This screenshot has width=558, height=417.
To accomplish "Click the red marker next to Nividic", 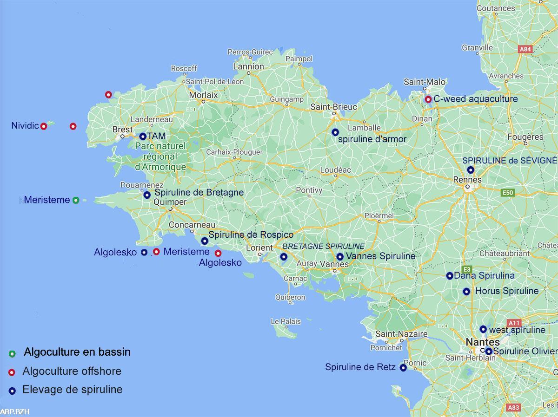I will click(x=44, y=126).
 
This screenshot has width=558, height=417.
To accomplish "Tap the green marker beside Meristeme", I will click(x=76, y=200).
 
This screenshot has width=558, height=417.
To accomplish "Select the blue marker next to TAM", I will click(x=143, y=137).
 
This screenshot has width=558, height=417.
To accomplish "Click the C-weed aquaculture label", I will click(x=475, y=99).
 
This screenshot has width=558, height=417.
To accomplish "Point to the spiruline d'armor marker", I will click(x=335, y=132).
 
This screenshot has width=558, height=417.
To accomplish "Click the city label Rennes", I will click(x=467, y=180).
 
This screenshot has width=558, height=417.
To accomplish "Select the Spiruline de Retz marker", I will click(x=403, y=368).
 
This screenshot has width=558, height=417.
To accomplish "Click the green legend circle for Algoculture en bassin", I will click(x=13, y=354).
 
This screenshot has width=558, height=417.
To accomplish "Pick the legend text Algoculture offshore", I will click(x=72, y=371).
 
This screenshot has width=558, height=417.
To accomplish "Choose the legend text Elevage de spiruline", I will click(x=73, y=390).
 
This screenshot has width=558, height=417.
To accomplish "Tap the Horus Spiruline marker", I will click(x=466, y=292).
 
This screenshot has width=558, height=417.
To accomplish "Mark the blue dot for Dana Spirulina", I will click(x=450, y=276).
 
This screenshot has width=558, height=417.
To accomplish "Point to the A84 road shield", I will click(x=525, y=49).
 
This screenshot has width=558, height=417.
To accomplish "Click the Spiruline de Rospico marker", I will click(x=205, y=241).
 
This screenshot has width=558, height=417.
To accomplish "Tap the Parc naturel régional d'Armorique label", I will click(x=160, y=156).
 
